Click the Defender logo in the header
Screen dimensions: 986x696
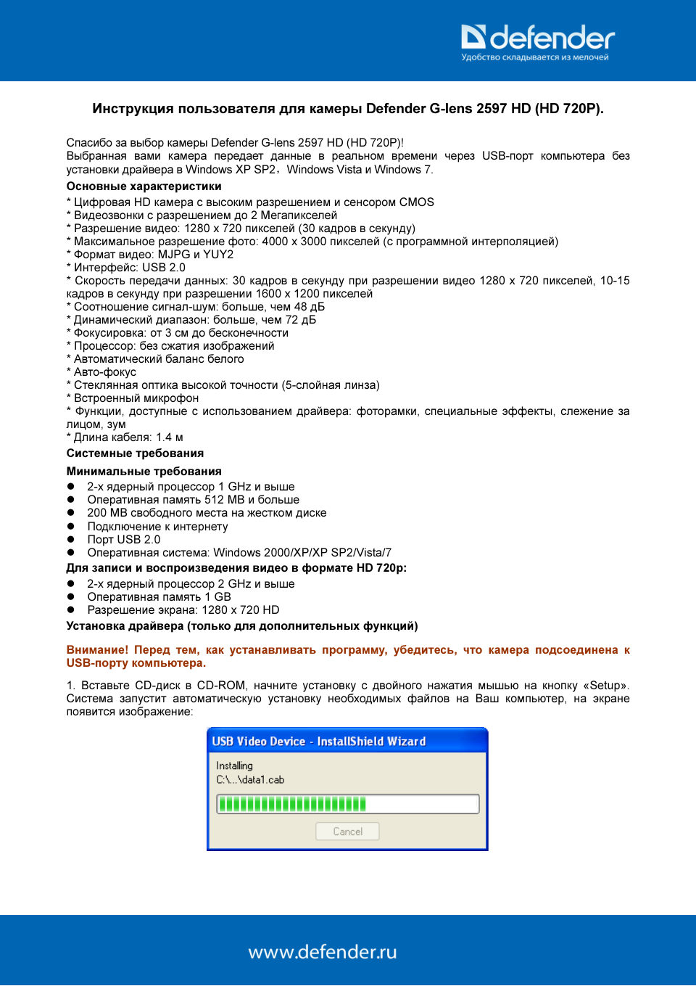click(x=537, y=37)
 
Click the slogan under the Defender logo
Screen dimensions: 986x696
click(x=535, y=57)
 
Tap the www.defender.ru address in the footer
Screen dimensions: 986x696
click(x=323, y=952)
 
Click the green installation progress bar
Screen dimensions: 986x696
click(x=293, y=804)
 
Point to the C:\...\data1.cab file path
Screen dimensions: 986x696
click(x=250, y=780)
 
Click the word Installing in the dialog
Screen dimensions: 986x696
click(x=234, y=765)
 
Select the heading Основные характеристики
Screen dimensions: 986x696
click(x=144, y=186)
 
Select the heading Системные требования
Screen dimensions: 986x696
click(x=135, y=453)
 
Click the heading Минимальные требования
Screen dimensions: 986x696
click(x=144, y=472)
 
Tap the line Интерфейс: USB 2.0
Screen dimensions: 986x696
click(x=126, y=268)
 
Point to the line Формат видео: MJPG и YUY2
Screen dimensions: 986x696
click(x=150, y=255)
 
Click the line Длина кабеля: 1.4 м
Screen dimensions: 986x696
click(x=125, y=437)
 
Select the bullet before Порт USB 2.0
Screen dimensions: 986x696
click(x=71, y=540)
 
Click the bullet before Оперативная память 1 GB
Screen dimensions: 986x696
click(x=71, y=597)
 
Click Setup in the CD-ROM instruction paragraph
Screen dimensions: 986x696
click(x=605, y=686)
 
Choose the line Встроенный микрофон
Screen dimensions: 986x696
click(x=133, y=398)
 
